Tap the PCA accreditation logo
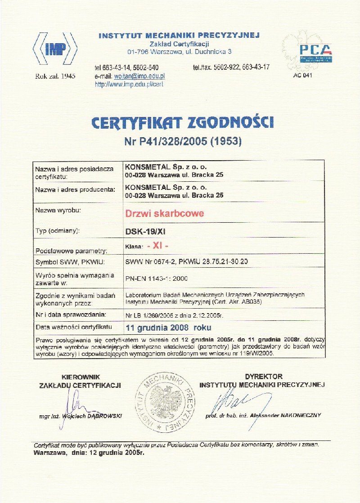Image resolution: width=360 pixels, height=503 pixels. pyautogui.click(x=315, y=53)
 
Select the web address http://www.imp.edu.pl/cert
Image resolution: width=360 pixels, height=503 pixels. pyautogui.click(x=129, y=84)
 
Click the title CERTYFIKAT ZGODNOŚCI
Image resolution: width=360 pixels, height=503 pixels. pyautogui.click(x=182, y=122)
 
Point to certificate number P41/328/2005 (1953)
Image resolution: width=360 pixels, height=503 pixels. pyautogui.click(x=182, y=142)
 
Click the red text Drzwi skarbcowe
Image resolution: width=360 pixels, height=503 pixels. pyautogui.click(x=164, y=213)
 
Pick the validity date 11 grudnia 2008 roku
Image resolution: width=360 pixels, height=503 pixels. pyautogui.click(x=168, y=327)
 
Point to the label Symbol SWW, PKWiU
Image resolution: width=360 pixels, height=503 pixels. pyautogui.click(x=65, y=262)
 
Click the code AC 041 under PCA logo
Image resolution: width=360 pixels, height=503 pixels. pyautogui.click(x=302, y=75)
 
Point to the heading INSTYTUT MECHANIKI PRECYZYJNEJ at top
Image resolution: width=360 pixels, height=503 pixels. pyautogui.click(x=179, y=36)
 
